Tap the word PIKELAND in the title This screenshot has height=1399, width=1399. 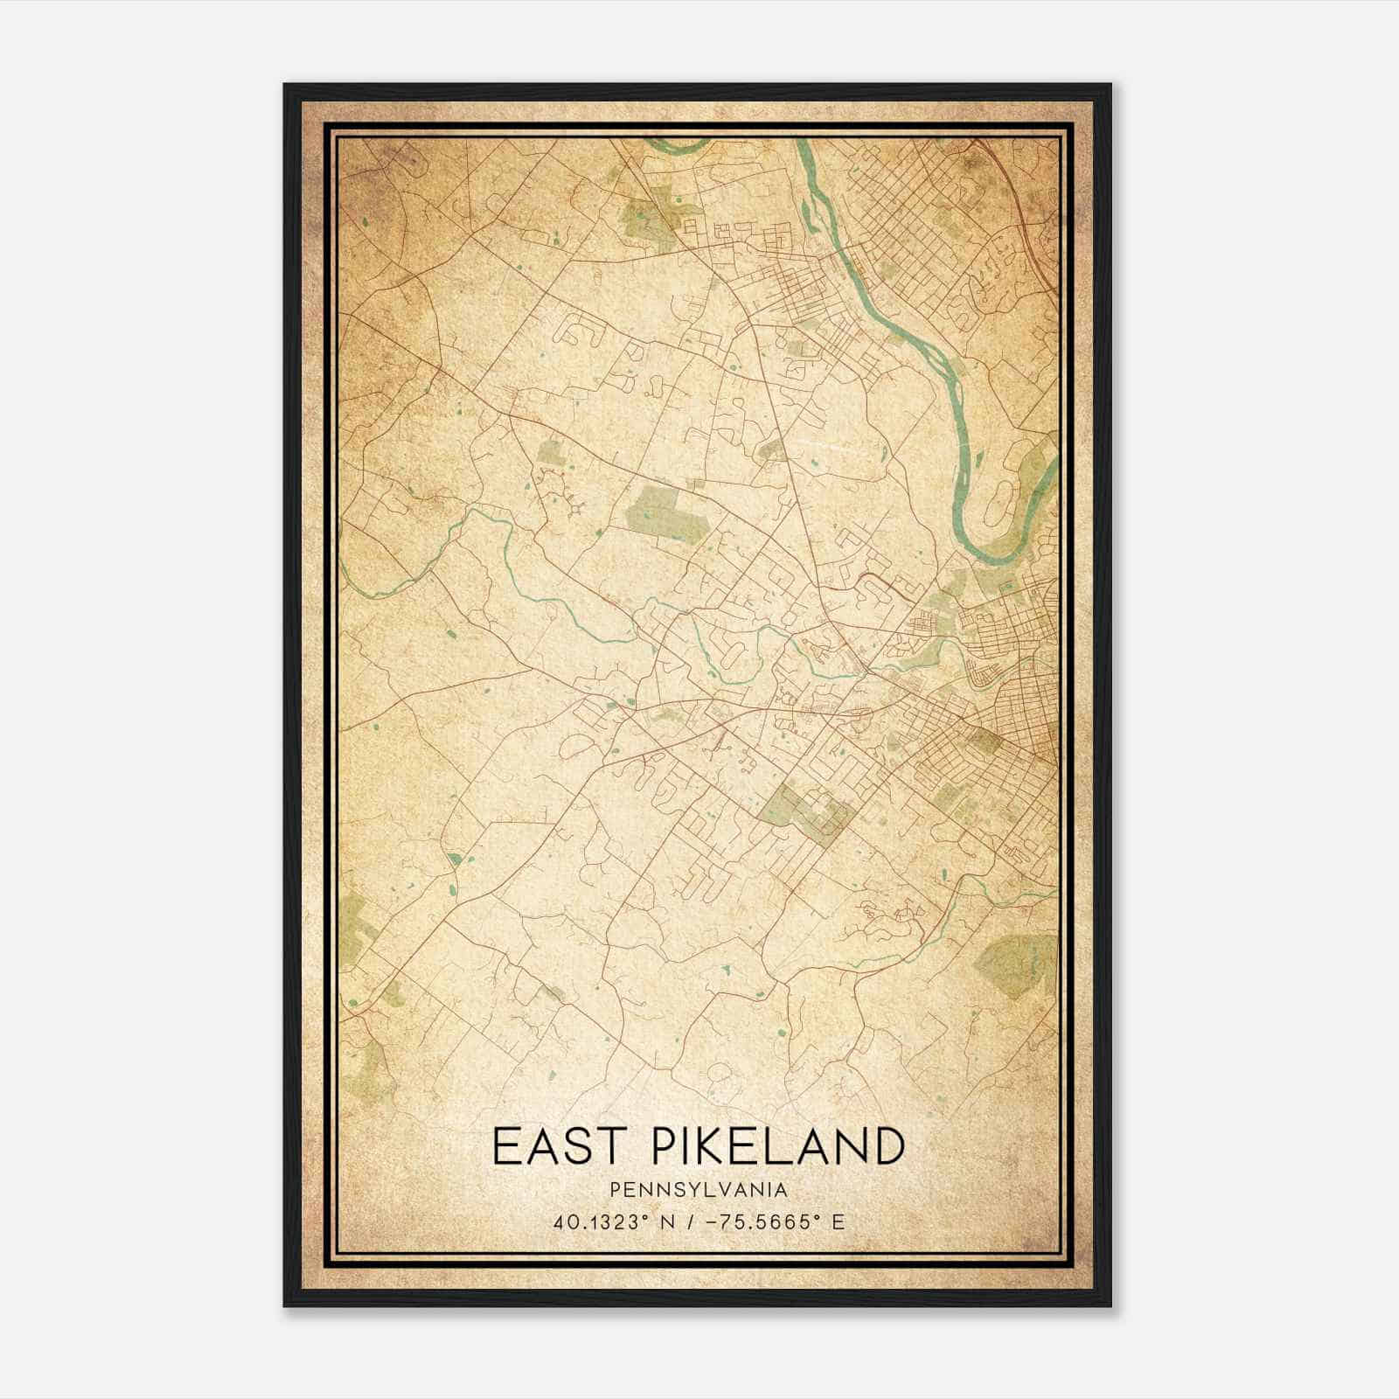(x=766, y=1146)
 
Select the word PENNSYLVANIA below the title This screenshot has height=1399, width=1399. (x=699, y=1190)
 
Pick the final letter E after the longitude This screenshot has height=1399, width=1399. (x=838, y=1222)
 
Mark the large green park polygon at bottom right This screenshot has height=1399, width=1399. (x=1016, y=966)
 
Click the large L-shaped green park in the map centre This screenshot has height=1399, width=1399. (x=669, y=513)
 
